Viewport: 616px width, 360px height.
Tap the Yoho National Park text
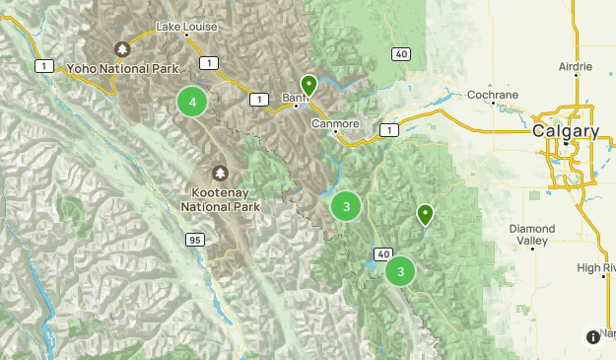122,69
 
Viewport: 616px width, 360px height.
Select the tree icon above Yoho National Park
122,49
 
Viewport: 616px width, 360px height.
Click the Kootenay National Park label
220,200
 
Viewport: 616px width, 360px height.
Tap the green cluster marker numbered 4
192,102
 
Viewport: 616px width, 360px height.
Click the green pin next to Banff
308,86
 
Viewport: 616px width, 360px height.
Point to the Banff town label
296,99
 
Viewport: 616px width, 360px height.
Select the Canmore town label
336,124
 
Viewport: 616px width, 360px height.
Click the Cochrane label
493,95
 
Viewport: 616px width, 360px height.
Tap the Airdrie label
576,66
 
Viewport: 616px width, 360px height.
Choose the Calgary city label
566,130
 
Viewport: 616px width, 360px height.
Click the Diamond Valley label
533,235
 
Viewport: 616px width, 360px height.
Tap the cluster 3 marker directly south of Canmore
345,206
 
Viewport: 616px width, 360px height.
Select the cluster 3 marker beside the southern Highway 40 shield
400,271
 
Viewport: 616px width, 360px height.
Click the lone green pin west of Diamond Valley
425,213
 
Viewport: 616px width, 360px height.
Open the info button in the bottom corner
592,337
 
